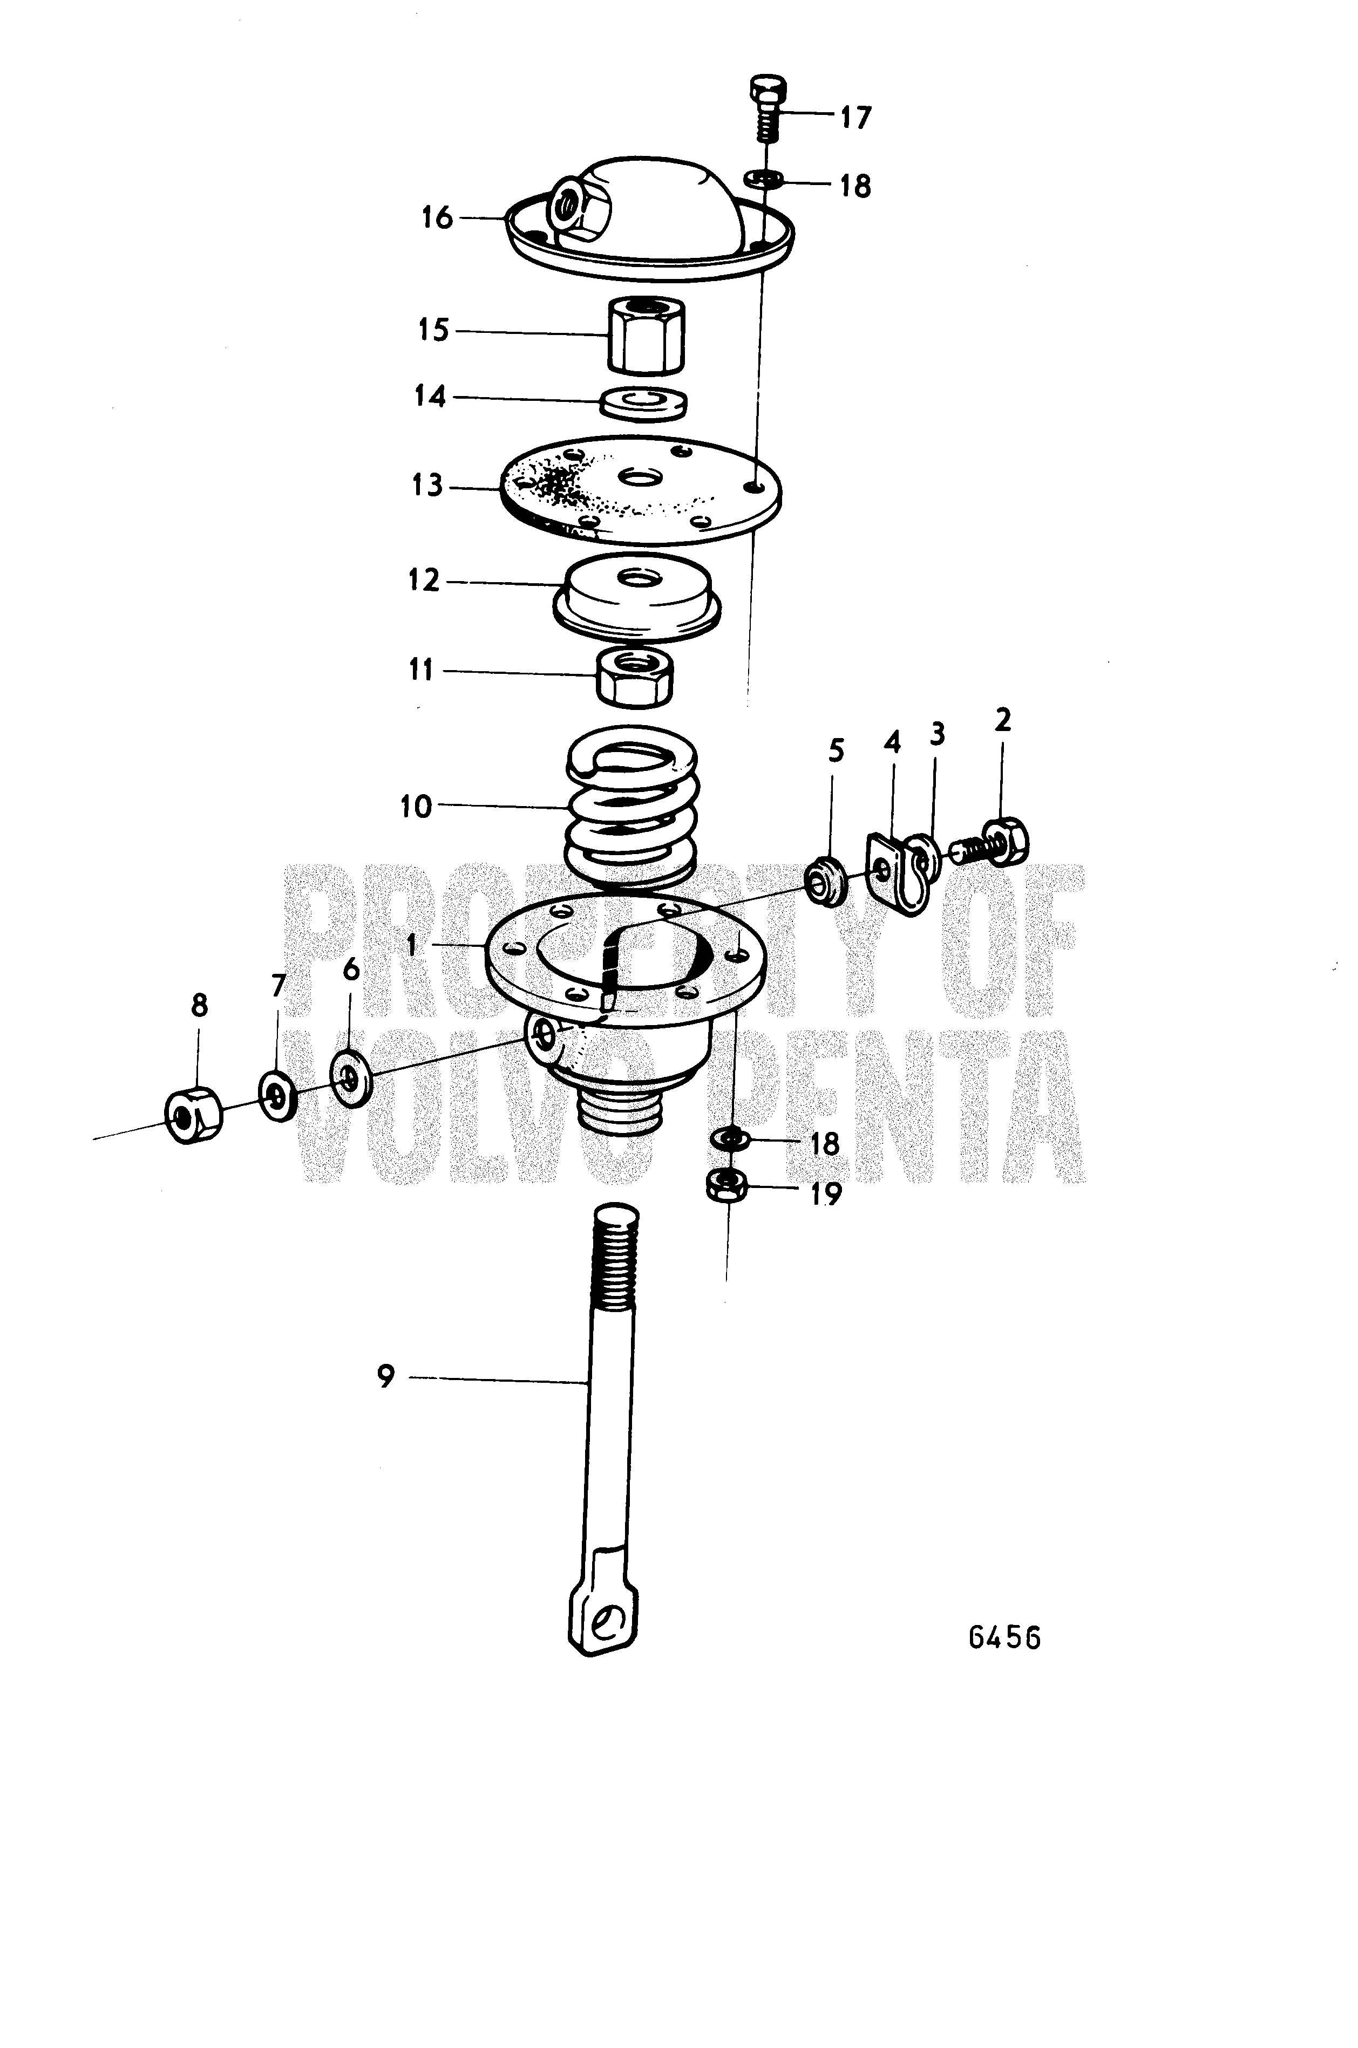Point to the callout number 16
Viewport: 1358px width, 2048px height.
click(x=437, y=217)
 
